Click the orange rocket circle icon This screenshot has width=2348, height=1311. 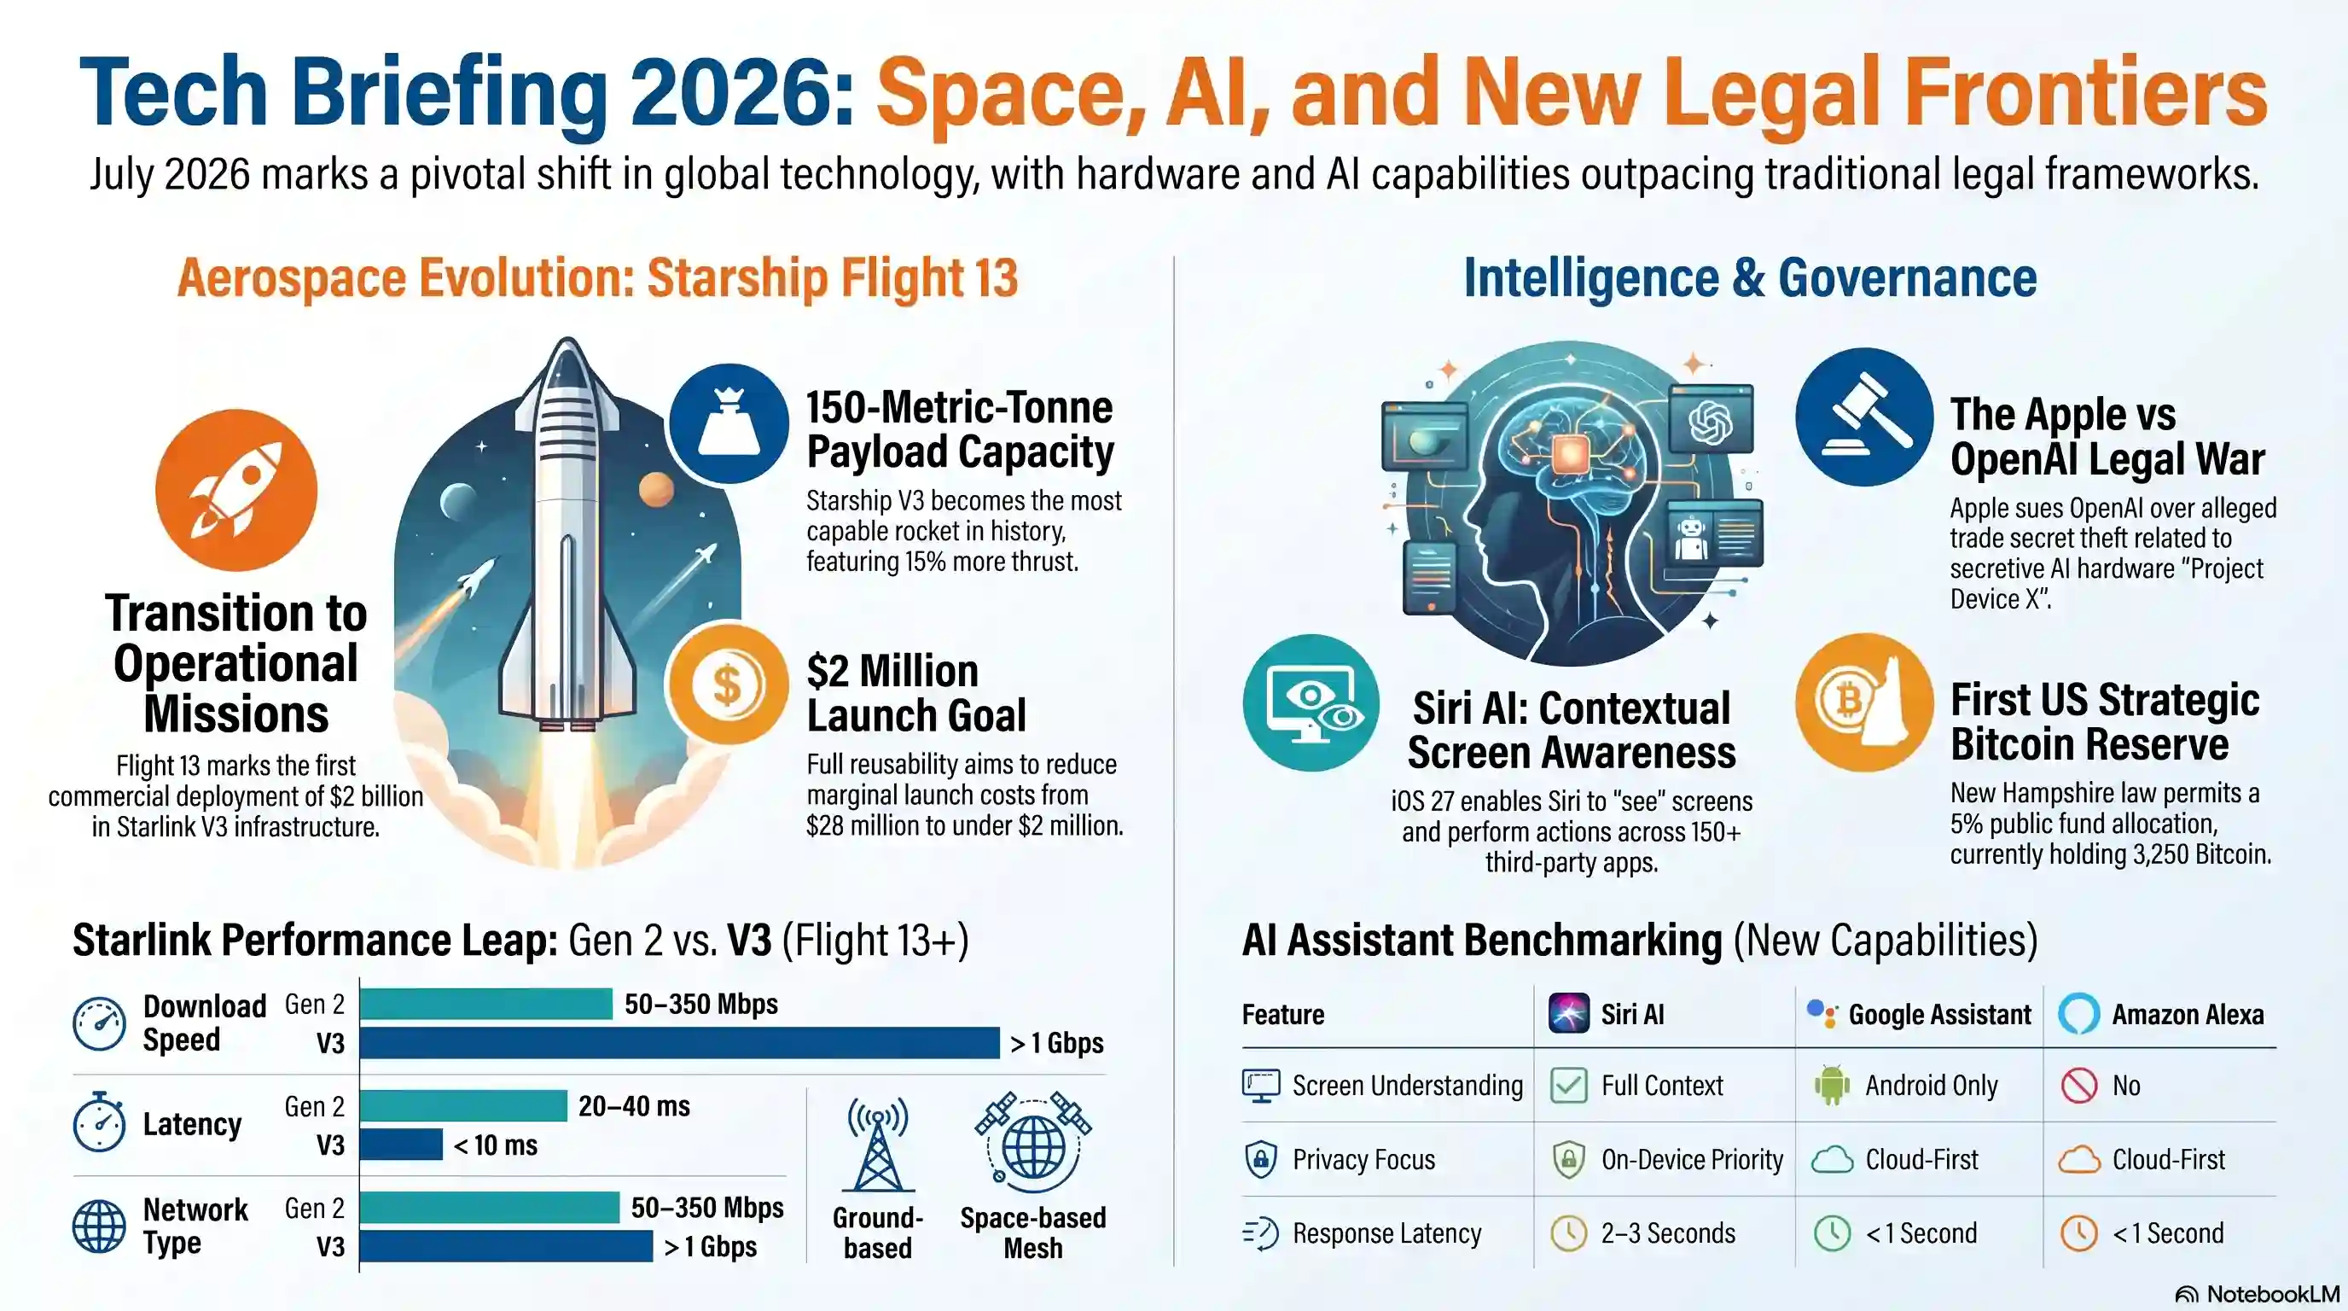pyautogui.click(x=236, y=491)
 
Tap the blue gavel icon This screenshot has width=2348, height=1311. pyautogui.click(x=1865, y=417)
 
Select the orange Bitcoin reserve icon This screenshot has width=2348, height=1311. pyautogui.click(x=1865, y=703)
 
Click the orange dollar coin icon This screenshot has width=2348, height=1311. pyautogui.click(x=729, y=685)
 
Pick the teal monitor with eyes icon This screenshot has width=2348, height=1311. pyautogui.click(x=1311, y=703)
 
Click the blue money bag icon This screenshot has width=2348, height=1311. pyautogui.click(x=729, y=424)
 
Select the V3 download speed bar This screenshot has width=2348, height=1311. pyautogui.click(x=680, y=1043)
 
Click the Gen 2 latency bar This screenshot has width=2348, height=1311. pyautogui.click(x=464, y=1106)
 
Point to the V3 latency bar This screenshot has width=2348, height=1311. pyautogui.click(x=402, y=1145)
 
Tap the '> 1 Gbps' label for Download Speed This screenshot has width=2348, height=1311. pyautogui.click(x=1057, y=1043)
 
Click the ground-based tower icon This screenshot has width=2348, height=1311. pyautogui.click(x=878, y=1145)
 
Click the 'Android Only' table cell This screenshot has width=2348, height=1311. pyautogui.click(x=1932, y=1086)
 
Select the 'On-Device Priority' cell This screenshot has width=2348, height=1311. pyautogui.click(x=1692, y=1160)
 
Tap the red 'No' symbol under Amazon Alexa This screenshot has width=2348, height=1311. pyautogui.click(x=2079, y=1086)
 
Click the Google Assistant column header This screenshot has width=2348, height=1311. pyautogui.click(x=1939, y=1015)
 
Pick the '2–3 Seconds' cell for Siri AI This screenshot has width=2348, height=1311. pyautogui.click(x=1668, y=1233)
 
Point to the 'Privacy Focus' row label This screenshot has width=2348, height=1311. pyautogui.click(x=1363, y=1160)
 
